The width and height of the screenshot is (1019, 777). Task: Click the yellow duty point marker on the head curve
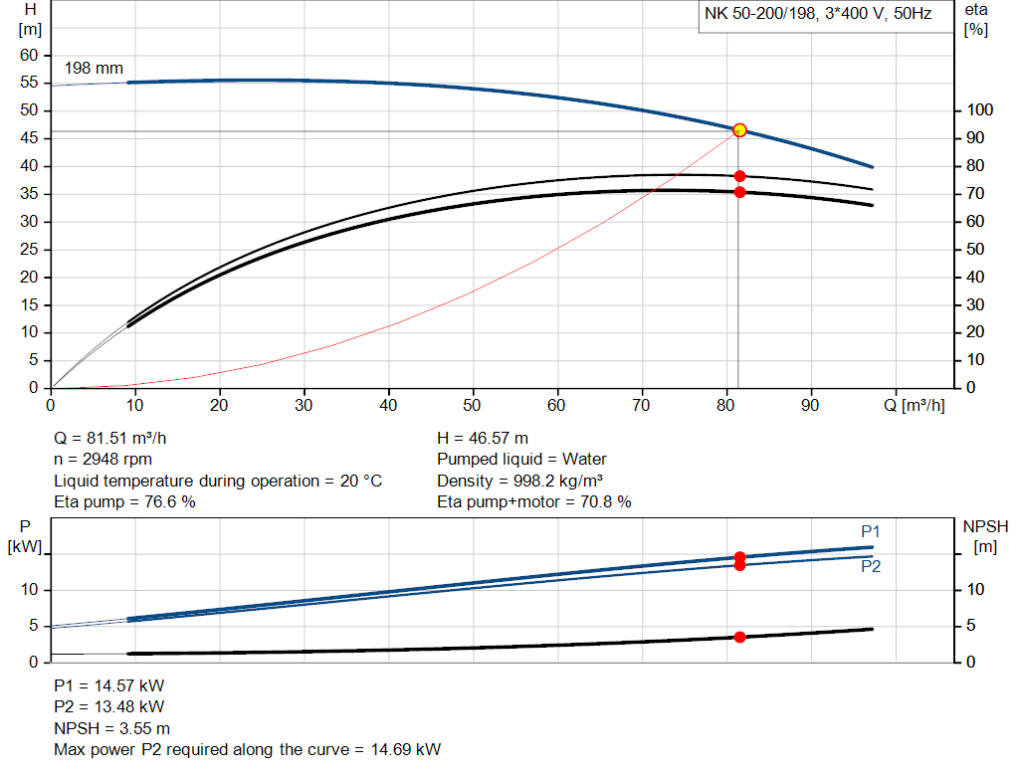(x=739, y=130)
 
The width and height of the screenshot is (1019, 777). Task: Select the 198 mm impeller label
(x=94, y=69)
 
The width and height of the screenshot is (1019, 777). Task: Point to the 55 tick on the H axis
(x=29, y=110)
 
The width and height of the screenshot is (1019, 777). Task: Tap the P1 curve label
(x=871, y=531)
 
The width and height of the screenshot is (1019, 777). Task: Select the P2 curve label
(x=871, y=566)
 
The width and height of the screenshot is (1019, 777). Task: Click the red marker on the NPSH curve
(x=739, y=637)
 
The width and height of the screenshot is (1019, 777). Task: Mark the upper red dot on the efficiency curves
(x=739, y=176)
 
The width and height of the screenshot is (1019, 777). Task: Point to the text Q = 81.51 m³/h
(x=117, y=438)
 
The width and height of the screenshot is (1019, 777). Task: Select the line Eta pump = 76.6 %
(x=124, y=502)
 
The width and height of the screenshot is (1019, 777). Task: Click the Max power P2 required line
(x=247, y=749)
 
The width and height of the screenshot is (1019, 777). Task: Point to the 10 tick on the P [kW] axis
(x=30, y=590)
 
